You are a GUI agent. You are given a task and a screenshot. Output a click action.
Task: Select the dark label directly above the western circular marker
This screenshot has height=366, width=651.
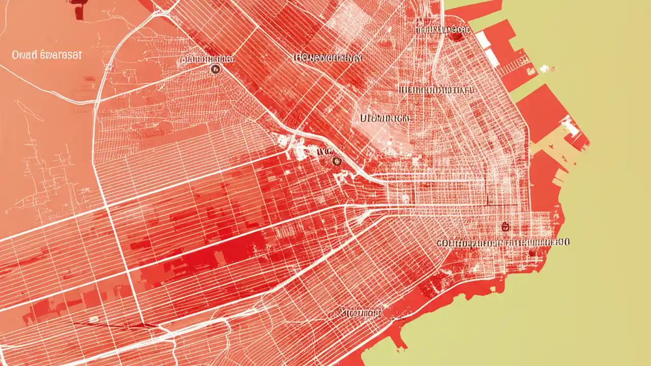[207, 59]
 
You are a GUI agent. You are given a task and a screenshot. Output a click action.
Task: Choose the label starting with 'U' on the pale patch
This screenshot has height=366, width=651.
[384, 118]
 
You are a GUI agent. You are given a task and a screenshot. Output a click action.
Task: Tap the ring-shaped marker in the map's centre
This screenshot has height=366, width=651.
[335, 161]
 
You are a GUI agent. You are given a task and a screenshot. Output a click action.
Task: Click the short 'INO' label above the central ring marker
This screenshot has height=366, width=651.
[324, 150]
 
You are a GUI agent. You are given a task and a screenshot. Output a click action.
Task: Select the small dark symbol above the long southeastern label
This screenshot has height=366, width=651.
[505, 226]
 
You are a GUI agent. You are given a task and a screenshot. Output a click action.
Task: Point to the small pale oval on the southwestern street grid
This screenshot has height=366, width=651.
[94, 319]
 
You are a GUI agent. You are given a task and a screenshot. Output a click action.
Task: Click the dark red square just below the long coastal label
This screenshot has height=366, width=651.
[532, 252]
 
